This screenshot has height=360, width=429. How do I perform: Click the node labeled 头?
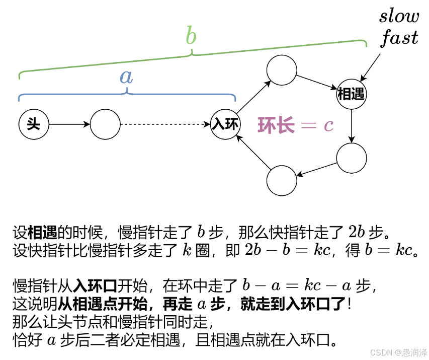click(33, 124)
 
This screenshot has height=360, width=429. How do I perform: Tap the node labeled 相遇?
click(352, 94)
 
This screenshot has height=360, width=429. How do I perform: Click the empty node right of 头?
click(105, 124)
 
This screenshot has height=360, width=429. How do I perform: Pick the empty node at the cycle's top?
click(282, 69)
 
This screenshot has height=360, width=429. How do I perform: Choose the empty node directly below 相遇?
click(352, 158)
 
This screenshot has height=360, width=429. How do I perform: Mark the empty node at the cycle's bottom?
click(282, 181)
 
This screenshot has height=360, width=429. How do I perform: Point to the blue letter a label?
click(126, 76)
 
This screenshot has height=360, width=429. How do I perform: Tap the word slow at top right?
click(399, 16)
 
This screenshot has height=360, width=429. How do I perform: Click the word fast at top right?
click(399, 37)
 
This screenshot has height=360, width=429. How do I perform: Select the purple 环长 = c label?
click(296, 124)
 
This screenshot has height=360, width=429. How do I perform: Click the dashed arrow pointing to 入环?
click(165, 124)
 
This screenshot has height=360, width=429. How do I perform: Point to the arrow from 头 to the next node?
click(69, 124)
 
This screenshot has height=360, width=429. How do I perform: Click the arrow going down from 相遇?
click(352, 126)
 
